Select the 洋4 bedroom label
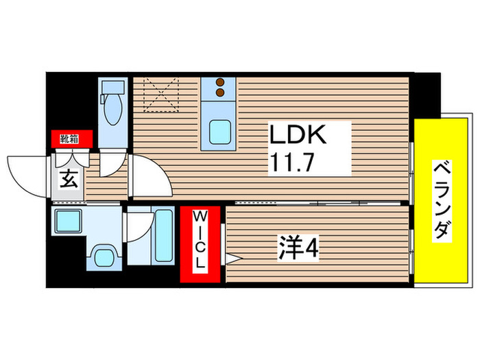click(298, 245)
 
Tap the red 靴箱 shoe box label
click(69, 139)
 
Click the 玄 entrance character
click(69, 181)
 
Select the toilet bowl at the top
click(111, 110)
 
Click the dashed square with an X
click(160, 95)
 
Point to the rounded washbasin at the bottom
click(104, 257)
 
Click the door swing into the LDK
click(149, 176)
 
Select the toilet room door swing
click(110, 163)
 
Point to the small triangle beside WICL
click(231, 259)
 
